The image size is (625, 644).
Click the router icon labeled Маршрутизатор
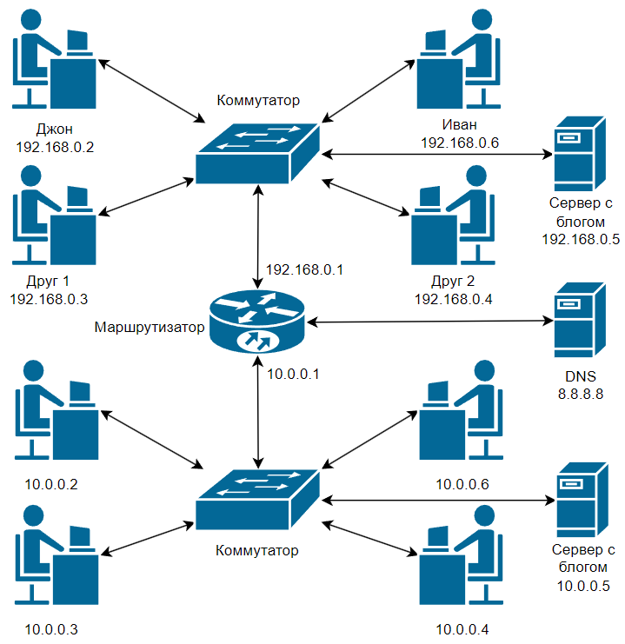click(x=257, y=322)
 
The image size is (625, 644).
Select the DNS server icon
click(x=580, y=320)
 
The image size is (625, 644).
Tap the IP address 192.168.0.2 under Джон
click(x=55, y=147)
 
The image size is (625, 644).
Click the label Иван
click(x=459, y=124)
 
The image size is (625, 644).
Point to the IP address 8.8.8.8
click(x=580, y=394)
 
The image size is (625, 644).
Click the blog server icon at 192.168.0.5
click(x=580, y=154)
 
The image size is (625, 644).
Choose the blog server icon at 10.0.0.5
click(x=582, y=500)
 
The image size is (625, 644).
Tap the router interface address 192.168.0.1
click(x=304, y=269)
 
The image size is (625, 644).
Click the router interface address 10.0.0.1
click(x=293, y=374)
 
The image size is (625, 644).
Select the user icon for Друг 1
click(x=54, y=215)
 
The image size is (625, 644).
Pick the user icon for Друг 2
click(x=453, y=215)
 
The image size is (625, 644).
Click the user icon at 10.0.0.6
click(x=461, y=409)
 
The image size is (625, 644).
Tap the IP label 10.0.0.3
click(x=51, y=629)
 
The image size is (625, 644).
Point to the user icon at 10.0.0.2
click(x=57, y=409)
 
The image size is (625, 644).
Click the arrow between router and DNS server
click(x=429, y=322)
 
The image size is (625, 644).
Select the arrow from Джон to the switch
click(x=151, y=90)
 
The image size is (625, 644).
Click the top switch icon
click(x=257, y=153)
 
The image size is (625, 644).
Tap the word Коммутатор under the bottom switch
click(x=256, y=550)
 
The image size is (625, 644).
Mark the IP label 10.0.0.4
click(x=462, y=629)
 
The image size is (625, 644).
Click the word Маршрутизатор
click(x=150, y=327)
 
